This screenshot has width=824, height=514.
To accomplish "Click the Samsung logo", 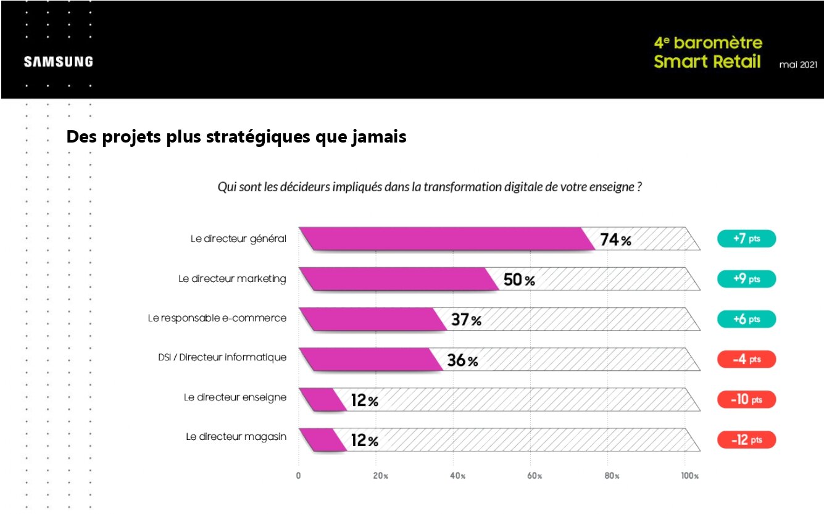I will (x=59, y=62).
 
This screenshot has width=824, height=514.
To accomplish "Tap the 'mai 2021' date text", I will (x=799, y=64).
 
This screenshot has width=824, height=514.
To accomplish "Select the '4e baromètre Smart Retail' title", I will (x=707, y=52).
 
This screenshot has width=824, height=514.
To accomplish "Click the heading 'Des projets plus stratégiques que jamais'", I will (x=236, y=137).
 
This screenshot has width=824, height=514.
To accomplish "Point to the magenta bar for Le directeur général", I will (x=444, y=239).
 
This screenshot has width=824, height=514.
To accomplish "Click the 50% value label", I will (x=519, y=280).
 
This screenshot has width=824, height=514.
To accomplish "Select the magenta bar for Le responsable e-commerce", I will (x=373, y=320).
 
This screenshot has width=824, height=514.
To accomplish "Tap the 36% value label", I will (x=462, y=360).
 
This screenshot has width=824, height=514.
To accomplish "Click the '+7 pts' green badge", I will (x=746, y=239).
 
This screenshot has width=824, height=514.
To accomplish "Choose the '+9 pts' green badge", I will (x=746, y=279).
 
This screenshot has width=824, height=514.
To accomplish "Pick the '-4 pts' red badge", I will (x=746, y=360).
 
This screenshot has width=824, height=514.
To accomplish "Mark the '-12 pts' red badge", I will (x=746, y=440).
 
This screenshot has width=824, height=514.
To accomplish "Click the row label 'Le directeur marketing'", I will (x=232, y=279).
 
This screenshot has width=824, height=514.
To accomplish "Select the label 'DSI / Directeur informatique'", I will (x=222, y=357).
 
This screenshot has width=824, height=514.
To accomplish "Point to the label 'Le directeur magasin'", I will (x=236, y=437).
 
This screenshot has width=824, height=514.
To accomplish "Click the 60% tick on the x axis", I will (x=535, y=476).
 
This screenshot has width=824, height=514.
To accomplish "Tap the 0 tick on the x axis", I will (x=298, y=476).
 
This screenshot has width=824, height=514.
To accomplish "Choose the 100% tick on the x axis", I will (x=689, y=476).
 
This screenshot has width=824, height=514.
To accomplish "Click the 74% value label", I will (x=615, y=240).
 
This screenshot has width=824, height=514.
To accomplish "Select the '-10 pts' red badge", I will (x=746, y=400).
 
